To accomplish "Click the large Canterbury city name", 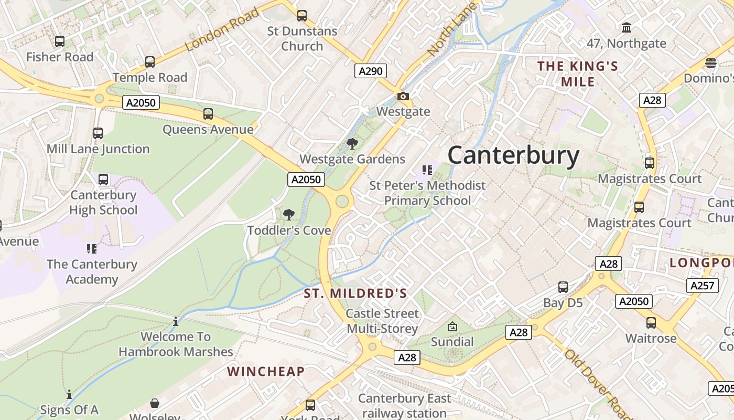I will (513, 156).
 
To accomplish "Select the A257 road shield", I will (702, 285).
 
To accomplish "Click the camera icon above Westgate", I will (403, 96).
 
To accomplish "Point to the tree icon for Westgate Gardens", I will (352, 143).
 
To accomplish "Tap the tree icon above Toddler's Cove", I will (288, 214).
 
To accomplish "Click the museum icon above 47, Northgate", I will (626, 27).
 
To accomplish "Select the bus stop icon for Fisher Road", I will (60, 41).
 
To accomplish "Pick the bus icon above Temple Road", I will (150, 62).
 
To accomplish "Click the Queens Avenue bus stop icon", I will (208, 114).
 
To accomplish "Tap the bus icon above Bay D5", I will (563, 287).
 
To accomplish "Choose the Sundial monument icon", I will (452, 327).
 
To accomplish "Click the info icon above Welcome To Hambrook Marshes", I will (176, 321).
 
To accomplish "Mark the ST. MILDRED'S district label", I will (355, 293).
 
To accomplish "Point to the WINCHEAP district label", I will (266, 372).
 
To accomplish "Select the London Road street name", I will (222, 29).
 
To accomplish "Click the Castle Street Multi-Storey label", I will (383, 321).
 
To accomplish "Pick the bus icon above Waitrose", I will (651, 323).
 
